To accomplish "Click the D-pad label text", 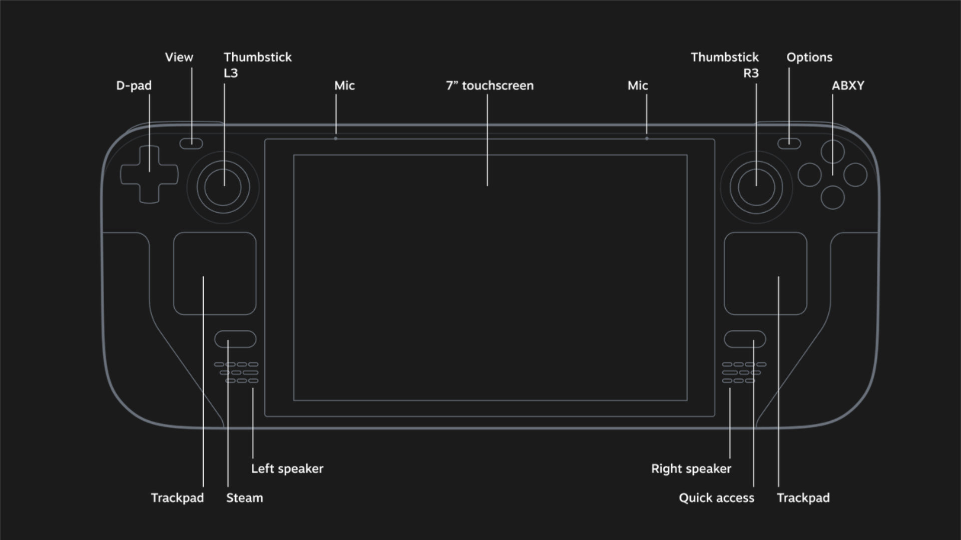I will tap(134, 86).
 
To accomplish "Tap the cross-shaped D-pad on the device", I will tap(149, 174).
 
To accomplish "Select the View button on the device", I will tap(191, 144).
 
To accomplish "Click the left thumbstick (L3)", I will tap(223, 188).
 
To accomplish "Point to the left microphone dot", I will tap(335, 138).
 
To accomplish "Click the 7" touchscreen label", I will tap(490, 86).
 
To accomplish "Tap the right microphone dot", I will tap(647, 138).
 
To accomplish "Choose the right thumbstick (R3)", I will tap(756, 188).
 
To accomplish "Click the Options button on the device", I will tap(789, 144).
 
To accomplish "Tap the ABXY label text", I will tap(848, 86).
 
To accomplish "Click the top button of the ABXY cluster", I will tap(832, 152).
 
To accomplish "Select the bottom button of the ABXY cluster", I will tap(832, 197).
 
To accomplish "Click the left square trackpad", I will tap(215, 273).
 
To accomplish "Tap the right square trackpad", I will tap(765, 273).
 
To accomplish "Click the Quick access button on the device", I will tap(745, 339).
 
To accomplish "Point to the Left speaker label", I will tap(287, 469).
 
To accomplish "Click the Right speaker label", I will tap(691, 469).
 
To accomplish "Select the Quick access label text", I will tap(716, 498).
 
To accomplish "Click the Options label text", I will tap(809, 58).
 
